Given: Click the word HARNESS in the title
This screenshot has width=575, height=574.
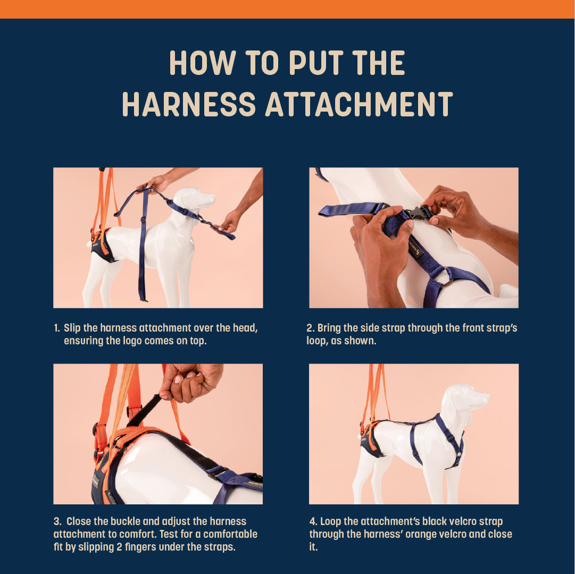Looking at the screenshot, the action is [189, 104].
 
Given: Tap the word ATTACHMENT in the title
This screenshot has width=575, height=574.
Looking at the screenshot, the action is [359, 104].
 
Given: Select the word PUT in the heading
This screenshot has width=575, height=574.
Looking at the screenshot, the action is [316, 63].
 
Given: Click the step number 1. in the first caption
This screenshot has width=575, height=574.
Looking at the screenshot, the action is [56, 328].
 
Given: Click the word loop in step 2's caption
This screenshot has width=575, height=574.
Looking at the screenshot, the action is [316, 341].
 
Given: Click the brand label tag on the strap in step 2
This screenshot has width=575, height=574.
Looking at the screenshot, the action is [416, 249].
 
